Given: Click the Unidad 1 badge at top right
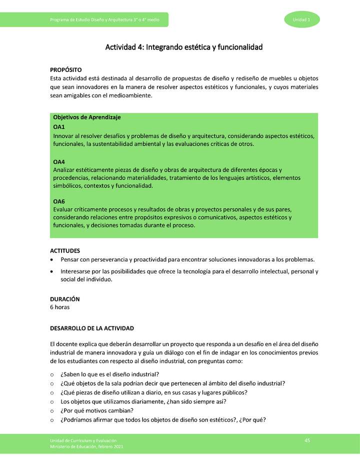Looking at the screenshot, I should click(x=302, y=19).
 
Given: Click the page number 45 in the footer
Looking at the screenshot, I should click(x=307, y=439).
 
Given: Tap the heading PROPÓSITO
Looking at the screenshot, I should click(x=66, y=70).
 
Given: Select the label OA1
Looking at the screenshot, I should click(x=59, y=127).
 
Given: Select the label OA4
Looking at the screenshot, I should click(x=59, y=162).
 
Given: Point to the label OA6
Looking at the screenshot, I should click(x=59, y=201).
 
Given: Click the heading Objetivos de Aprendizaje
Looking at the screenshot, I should click(x=87, y=117).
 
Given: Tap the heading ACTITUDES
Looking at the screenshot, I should click(x=65, y=250).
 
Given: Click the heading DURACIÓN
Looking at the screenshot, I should click(x=65, y=299).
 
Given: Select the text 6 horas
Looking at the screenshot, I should click(x=60, y=307).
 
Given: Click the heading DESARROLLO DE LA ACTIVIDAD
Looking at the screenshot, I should click(x=92, y=328).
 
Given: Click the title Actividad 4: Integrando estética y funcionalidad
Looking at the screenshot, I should click(x=183, y=47).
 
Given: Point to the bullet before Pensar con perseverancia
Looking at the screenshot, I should click(x=52, y=260).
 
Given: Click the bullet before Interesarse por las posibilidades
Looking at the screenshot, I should click(x=52, y=272).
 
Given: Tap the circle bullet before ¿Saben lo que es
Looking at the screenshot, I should click(x=52, y=374).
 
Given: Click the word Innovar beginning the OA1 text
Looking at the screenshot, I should click(x=63, y=135).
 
